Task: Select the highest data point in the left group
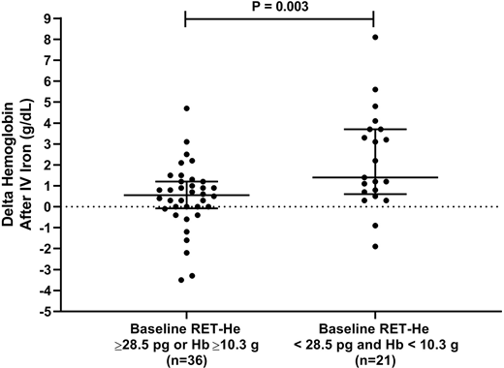coord(186,108)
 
